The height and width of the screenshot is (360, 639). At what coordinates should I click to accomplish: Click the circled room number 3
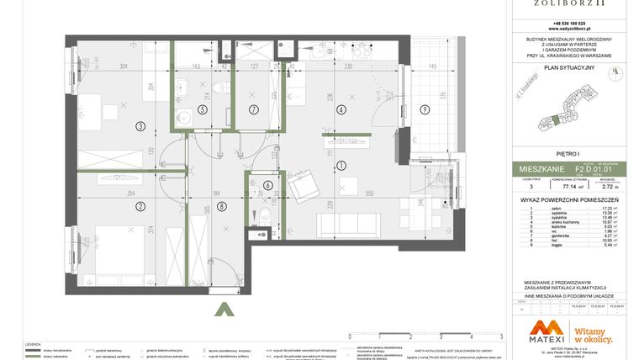pos(140,126)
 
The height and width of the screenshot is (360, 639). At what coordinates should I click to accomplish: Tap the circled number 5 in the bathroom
pos(202,109)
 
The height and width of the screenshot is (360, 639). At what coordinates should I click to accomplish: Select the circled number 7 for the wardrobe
pos(252,109)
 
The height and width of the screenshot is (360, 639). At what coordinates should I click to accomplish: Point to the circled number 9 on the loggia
pos(425,109)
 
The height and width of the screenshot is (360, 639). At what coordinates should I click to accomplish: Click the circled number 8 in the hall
pos(221,205)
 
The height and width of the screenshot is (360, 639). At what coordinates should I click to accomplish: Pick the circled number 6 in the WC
pos(268,186)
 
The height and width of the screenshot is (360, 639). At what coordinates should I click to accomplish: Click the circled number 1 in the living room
pos(341,165)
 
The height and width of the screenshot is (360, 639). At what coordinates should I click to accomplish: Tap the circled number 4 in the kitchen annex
pos(341,109)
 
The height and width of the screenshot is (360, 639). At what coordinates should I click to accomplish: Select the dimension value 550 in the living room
pos(369,193)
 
